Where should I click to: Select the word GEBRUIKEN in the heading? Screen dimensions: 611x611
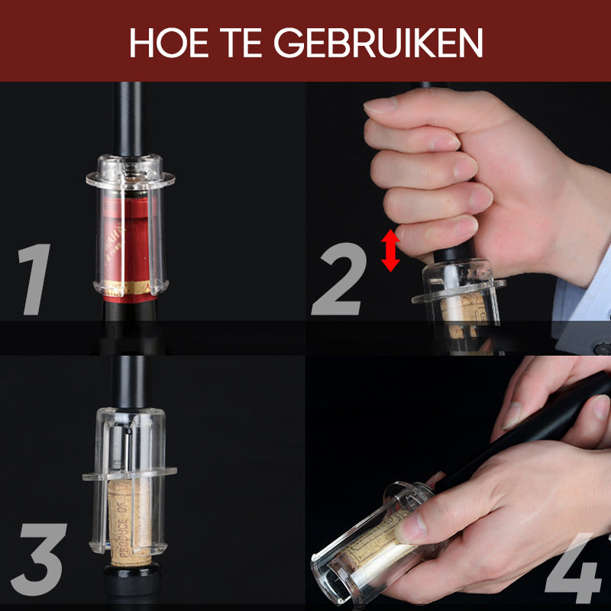coord(379,43)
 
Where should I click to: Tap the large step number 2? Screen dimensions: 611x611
coord(338,280)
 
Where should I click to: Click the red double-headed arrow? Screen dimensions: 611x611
coord(390,251)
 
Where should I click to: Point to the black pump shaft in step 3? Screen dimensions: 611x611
coord(130,382)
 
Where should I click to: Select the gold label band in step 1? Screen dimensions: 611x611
coord(135,288)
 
